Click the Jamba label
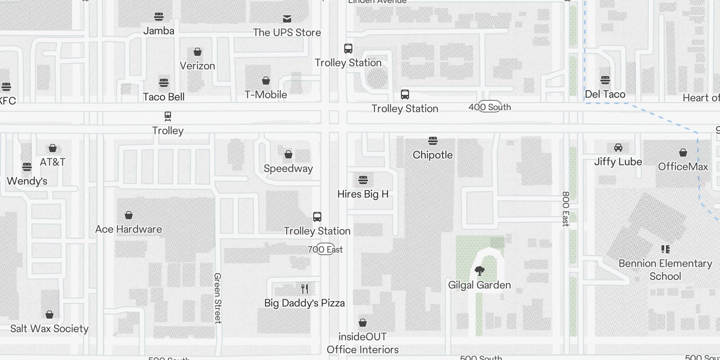(159, 31)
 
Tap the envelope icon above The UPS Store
(287, 18)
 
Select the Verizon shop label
(198, 66)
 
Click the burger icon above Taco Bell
(164, 83)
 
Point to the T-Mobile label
(266, 95)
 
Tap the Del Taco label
(605, 94)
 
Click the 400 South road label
(490, 107)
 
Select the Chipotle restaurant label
(433, 155)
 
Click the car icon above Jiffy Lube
(618, 148)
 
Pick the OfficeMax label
(683, 167)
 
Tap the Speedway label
(288, 169)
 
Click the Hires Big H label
(363, 194)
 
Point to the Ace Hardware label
(129, 229)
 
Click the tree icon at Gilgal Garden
(480, 271)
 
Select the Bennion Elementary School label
(665, 270)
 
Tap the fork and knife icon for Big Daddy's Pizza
(305, 289)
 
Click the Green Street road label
(218, 298)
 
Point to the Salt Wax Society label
(49, 329)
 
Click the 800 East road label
(566, 209)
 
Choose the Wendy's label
(27, 181)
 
